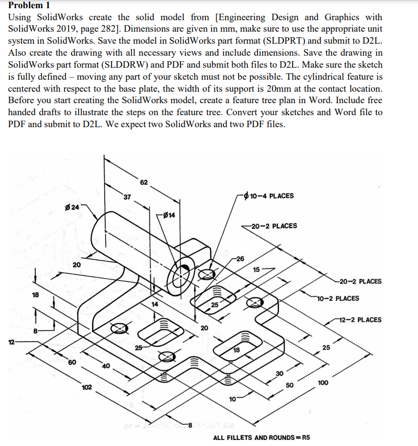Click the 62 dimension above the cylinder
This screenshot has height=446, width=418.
143,182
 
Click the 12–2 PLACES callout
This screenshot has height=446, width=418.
360,320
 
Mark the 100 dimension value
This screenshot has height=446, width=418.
322,383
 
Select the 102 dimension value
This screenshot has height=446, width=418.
86,387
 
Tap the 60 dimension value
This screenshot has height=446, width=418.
72,361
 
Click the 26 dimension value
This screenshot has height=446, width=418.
240,258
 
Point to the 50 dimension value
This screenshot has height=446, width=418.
290,386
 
